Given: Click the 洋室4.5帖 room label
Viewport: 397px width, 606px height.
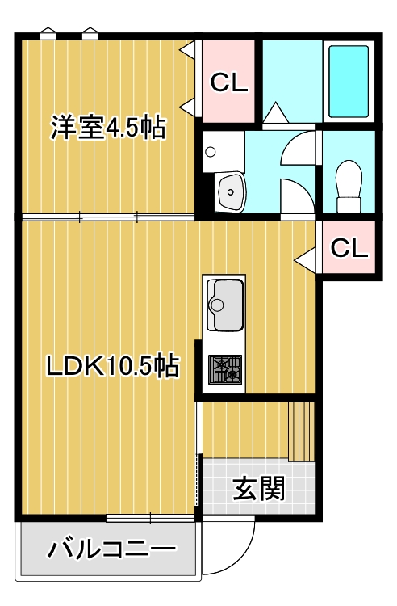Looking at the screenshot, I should (108, 127).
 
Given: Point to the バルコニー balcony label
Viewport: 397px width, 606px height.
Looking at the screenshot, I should (111, 551).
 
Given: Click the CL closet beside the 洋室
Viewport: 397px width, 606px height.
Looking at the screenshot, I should (228, 82).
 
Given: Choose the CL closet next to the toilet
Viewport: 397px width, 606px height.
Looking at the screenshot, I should (349, 248).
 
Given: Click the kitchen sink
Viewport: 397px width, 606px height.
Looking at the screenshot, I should (224, 305).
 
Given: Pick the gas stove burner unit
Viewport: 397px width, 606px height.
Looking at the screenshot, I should (224, 369).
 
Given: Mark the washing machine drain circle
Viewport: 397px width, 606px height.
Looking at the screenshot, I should (210, 151).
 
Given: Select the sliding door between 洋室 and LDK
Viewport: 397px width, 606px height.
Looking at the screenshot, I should (108, 217).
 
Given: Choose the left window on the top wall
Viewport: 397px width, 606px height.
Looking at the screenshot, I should (48, 35).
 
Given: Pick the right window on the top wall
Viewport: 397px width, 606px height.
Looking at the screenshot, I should (90, 35).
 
